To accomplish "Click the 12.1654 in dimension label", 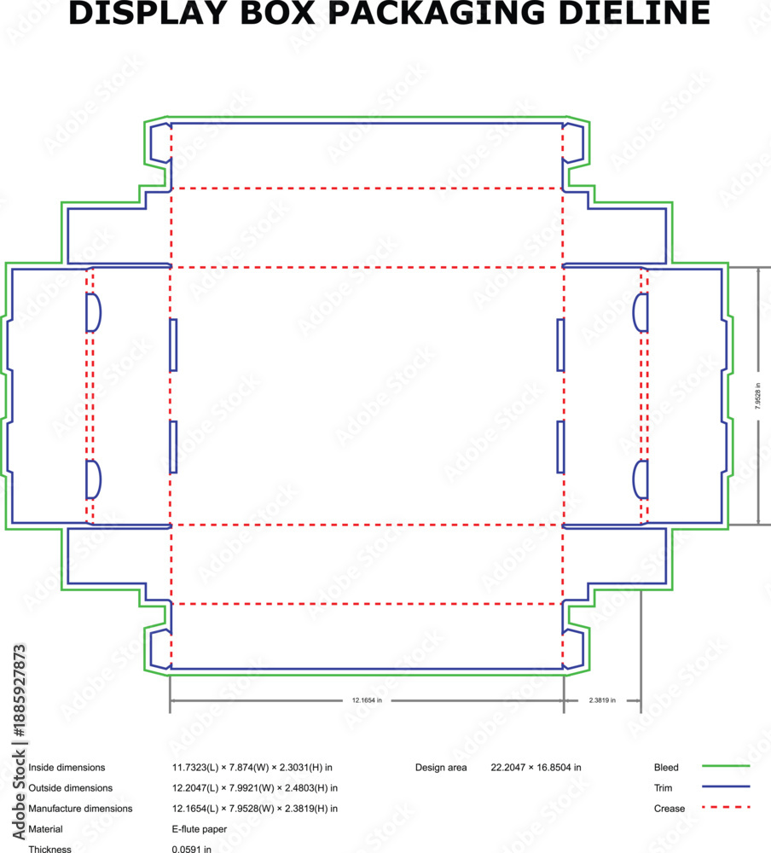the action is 367,700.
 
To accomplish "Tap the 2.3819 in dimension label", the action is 602,700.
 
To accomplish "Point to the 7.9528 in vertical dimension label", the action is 758,396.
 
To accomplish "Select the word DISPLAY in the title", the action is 148,13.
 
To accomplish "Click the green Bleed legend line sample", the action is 726,766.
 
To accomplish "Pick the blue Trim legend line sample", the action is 726,786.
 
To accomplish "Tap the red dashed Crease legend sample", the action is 726,807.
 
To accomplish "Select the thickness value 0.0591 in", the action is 192,849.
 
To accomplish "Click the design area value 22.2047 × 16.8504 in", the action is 536,767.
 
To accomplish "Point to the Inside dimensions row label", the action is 67,767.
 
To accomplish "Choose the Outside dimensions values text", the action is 255,787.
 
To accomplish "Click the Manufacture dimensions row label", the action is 80,809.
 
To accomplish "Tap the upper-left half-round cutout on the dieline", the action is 94,313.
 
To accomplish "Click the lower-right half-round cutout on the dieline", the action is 641,479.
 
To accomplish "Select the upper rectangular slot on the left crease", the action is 173,345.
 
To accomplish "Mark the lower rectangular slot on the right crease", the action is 561,447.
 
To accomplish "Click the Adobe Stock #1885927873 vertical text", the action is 19,742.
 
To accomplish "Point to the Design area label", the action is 441,767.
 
